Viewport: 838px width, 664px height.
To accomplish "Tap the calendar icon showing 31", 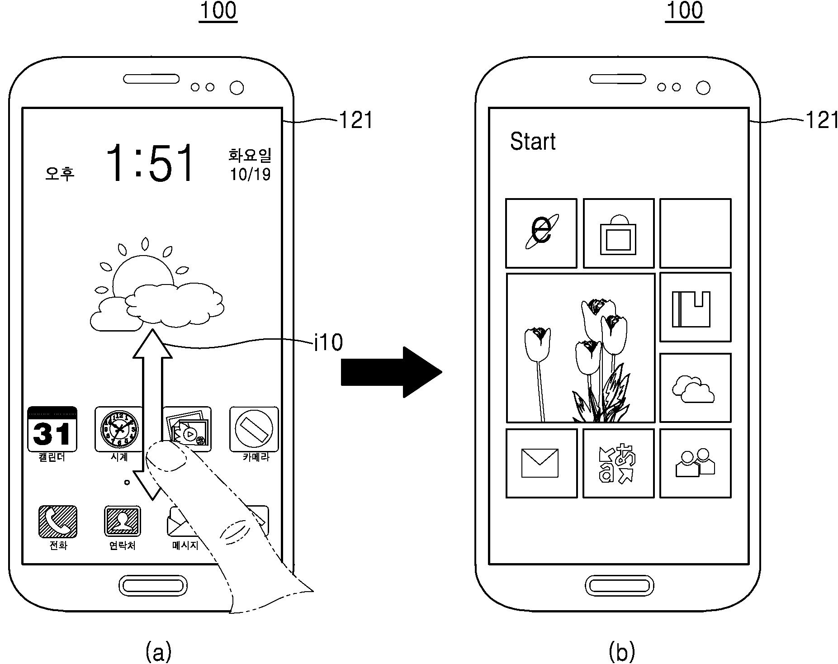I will click(x=52, y=429).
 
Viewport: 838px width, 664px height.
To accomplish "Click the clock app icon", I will click(x=119, y=429).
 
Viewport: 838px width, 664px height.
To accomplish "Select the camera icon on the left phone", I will click(x=254, y=429).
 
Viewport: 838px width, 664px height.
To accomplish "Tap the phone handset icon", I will click(x=57, y=522).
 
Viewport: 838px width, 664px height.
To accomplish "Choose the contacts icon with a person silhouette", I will click(x=122, y=522).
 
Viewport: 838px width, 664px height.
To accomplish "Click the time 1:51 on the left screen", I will click(x=150, y=163).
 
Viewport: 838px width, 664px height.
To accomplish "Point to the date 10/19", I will click(x=250, y=174).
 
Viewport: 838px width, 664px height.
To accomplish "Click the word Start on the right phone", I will click(x=532, y=141).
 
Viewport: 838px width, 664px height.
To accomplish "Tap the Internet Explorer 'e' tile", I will click(x=541, y=233).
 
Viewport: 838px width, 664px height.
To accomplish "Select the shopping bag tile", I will click(x=618, y=233).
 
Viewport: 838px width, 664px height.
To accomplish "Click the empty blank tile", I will click(x=695, y=233).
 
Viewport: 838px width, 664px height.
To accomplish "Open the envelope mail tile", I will click(x=541, y=463).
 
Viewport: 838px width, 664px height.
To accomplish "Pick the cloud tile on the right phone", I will click(x=695, y=388).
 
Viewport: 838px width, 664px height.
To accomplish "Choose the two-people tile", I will click(x=695, y=463).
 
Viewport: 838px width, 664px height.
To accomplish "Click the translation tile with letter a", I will click(x=618, y=463).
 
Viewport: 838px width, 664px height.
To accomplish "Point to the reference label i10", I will click(x=328, y=342).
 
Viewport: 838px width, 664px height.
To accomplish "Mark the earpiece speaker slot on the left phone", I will click(x=152, y=79).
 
